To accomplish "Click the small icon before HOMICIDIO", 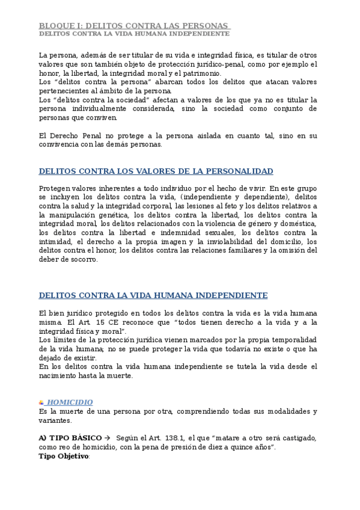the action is pos(41,402).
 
